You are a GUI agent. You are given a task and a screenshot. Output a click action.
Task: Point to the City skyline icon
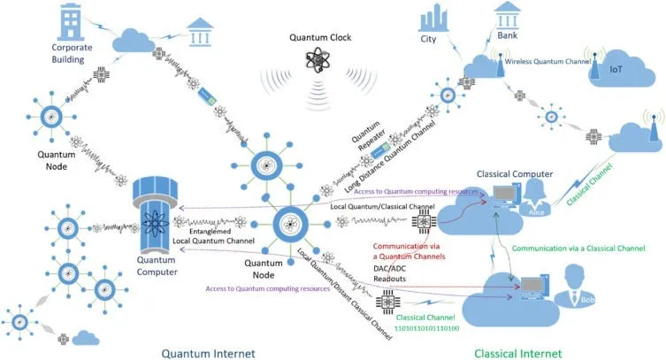430,19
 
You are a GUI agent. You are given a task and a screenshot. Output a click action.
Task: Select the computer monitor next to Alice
505,195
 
